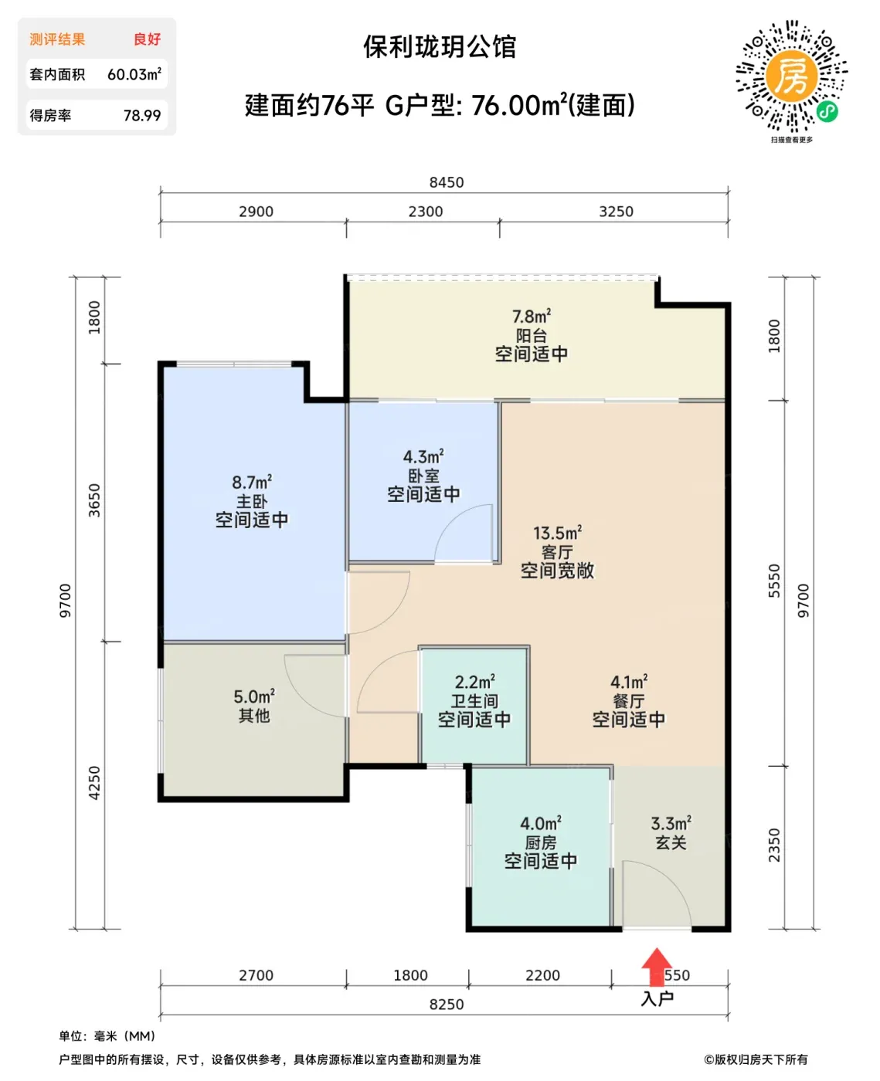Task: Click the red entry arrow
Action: click(656, 966)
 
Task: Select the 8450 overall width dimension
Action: click(447, 182)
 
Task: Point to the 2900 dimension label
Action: click(256, 211)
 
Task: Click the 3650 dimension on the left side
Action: click(94, 500)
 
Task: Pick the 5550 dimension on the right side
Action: click(773, 581)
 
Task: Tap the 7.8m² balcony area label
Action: click(531, 317)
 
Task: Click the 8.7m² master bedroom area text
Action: click(252, 482)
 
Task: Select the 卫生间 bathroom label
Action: click(474, 701)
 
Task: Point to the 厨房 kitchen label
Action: click(541, 843)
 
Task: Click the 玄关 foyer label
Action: click(671, 842)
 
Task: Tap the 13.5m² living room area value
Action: click(557, 534)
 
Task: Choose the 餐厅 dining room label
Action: click(629, 701)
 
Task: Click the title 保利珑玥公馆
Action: click(440, 46)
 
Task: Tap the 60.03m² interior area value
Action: click(134, 74)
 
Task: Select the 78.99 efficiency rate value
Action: click(142, 116)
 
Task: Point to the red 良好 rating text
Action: click(148, 39)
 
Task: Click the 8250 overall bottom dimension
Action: click(447, 1005)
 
